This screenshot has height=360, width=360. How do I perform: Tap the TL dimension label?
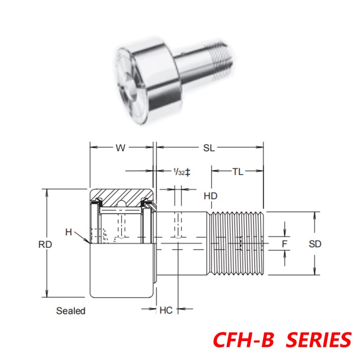tap(238, 171)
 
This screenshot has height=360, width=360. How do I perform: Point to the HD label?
tap(210, 196)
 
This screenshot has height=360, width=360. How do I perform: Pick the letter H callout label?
tap(68, 232)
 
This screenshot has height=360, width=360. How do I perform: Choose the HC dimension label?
tap(166, 310)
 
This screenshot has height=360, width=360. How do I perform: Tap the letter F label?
tap(284, 244)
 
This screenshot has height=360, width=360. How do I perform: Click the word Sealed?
tap(71, 310)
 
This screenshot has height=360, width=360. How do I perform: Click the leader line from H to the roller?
tap(81, 237)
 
